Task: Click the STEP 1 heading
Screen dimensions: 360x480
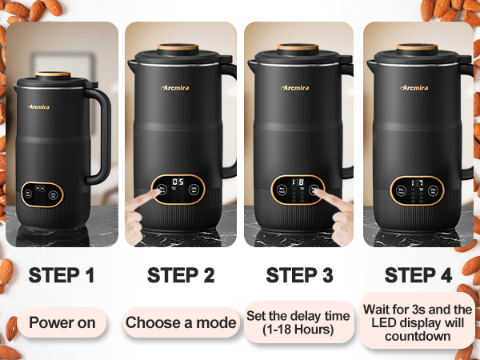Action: (x=62, y=276)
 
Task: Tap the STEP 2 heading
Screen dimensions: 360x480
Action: (x=181, y=276)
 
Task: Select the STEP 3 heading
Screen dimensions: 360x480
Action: (x=299, y=276)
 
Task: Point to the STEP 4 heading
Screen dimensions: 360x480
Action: (x=418, y=276)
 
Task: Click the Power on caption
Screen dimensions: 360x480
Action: (x=67, y=323)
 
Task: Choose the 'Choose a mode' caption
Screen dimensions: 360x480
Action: (x=181, y=323)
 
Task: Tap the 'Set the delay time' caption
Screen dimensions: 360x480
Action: (x=298, y=316)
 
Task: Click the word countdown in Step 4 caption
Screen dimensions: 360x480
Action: (x=417, y=337)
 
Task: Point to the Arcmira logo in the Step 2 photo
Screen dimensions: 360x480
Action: (x=176, y=87)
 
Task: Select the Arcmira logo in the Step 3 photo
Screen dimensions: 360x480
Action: (x=295, y=87)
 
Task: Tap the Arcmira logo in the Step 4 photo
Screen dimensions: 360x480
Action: (x=414, y=87)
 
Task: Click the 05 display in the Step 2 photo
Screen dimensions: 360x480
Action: (x=178, y=182)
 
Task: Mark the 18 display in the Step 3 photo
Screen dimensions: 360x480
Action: (x=297, y=182)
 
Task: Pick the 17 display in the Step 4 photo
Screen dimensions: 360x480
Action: (x=416, y=182)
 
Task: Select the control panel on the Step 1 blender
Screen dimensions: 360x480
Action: (x=42, y=193)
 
